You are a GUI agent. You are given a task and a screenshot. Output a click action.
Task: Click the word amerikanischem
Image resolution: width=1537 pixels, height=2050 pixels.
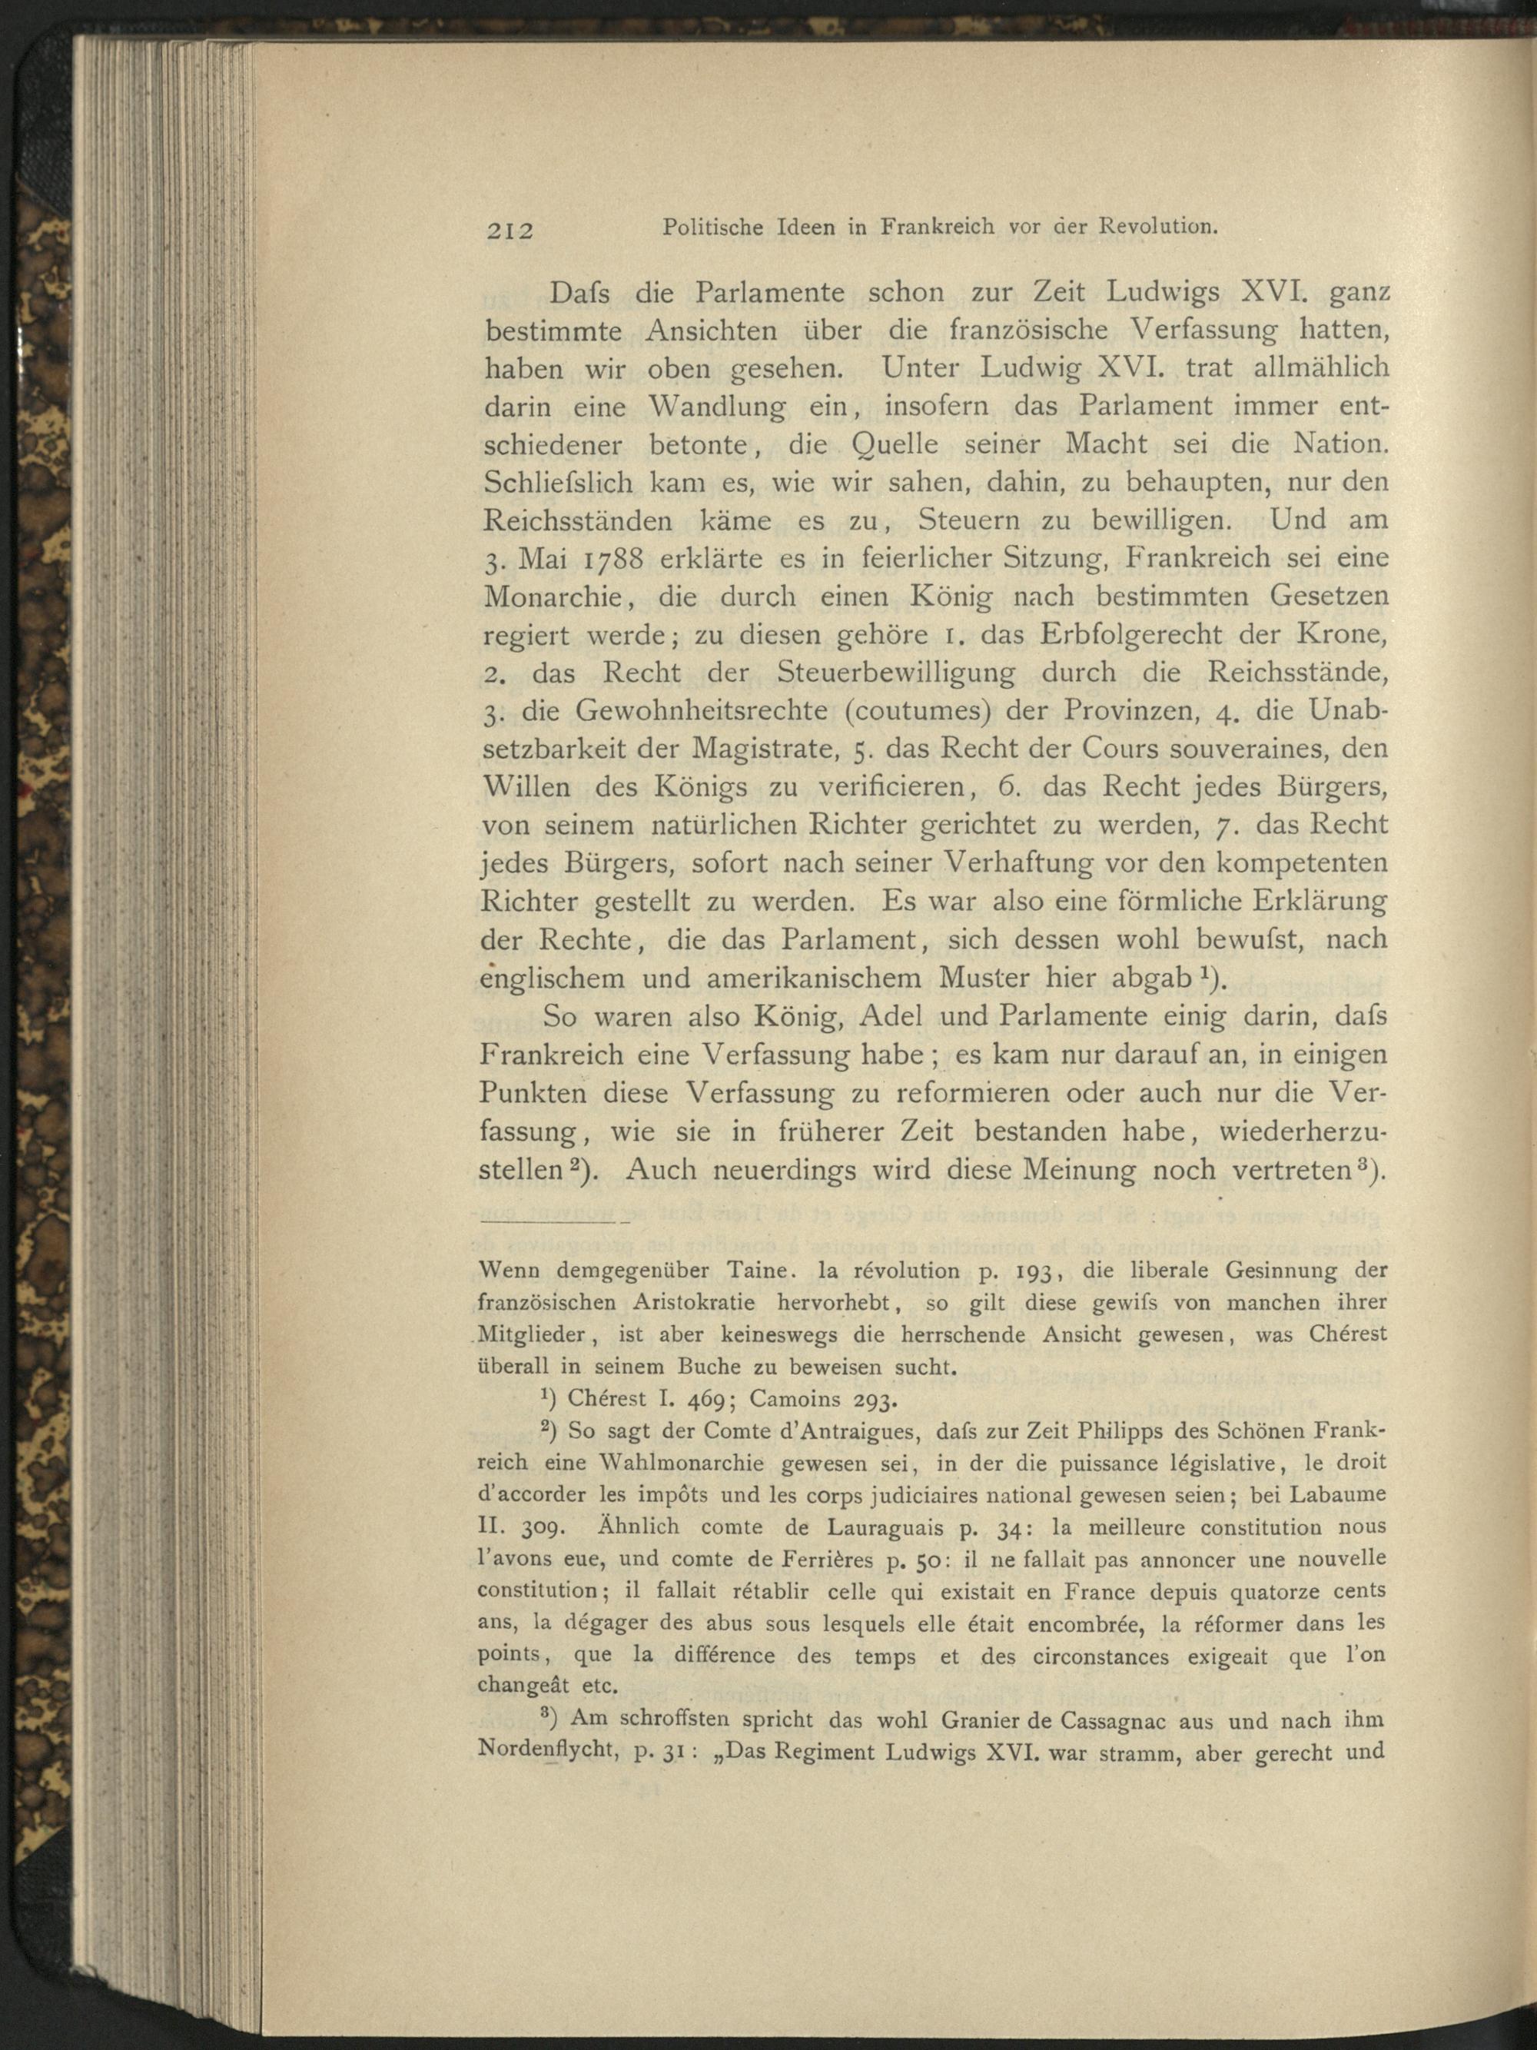[789, 978]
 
